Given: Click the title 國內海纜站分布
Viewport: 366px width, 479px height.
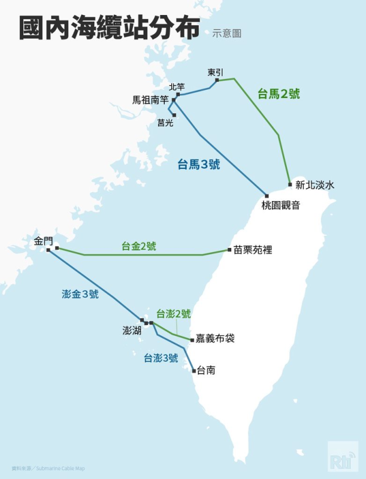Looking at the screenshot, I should [x=108, y=28].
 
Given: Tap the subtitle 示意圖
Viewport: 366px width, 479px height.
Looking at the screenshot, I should [x=226, y=34].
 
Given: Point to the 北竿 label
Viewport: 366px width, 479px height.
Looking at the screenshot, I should [x=177, y=87].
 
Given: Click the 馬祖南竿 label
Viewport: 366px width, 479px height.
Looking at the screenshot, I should [x=150, y=100].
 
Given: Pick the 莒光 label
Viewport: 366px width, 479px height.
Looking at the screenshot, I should [x=165, y=123].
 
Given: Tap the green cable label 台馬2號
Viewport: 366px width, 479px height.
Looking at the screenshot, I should [x=279, y=93].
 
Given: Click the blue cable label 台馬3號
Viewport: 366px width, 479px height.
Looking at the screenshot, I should [x=199, y=165].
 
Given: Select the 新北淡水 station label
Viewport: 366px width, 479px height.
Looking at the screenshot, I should [x=314, y=185].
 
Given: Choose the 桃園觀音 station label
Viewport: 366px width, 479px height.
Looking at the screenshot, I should [x=280, y=205].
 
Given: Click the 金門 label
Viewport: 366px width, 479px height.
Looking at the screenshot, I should [x=43, y=241].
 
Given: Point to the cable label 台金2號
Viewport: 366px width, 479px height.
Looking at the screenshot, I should [x=138, y=246].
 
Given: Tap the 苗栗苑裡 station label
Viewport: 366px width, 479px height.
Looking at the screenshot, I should [x=253, y=250].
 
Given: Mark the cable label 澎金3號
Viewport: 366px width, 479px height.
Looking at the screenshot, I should [x=80, y=294].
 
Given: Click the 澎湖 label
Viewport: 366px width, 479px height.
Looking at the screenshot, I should [x=131, y=331].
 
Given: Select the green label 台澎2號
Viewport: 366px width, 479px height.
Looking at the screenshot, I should [x=173, y=313].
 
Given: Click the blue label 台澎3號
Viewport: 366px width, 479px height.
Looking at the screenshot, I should [x=161, y=358].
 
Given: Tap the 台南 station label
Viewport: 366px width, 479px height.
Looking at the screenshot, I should [x=205, y=371].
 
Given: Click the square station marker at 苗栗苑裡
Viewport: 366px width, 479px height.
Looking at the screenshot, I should [x=229, y=250].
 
